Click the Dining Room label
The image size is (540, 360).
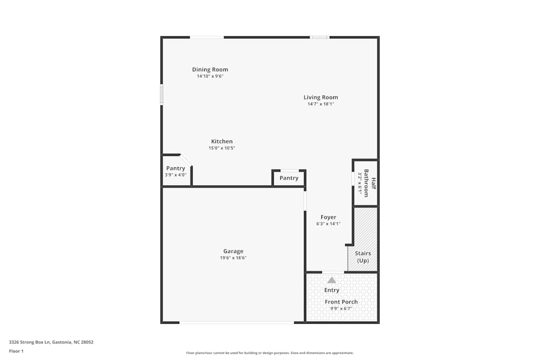(x=210, y=70)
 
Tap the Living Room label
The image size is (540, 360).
(x=321, y=98)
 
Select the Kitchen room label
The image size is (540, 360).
(x=222, y=141)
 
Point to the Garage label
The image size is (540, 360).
(x=233, y=251)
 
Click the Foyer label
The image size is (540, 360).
(x=328, y=217)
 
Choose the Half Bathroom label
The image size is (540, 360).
(x=369, y=183)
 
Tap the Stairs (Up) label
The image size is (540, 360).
(x=363, y=256)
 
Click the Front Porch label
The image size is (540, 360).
(x=341, y=302)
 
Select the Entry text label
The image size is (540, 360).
(x=332, y=290)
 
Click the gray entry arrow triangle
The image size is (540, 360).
(x=332, y=280)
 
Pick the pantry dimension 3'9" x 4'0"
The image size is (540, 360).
(x=175, y=175)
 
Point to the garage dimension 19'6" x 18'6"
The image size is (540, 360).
(x=233, y=258)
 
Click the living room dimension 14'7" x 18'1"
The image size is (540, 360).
(x=321, y=104)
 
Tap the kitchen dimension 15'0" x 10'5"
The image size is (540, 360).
(x=222, y=148)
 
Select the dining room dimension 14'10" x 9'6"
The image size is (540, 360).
(x=210, y=76)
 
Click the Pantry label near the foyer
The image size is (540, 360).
(x=289, y=178)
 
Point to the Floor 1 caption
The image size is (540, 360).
(x=16, y=351)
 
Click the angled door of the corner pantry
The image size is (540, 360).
(x=186, y=160)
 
